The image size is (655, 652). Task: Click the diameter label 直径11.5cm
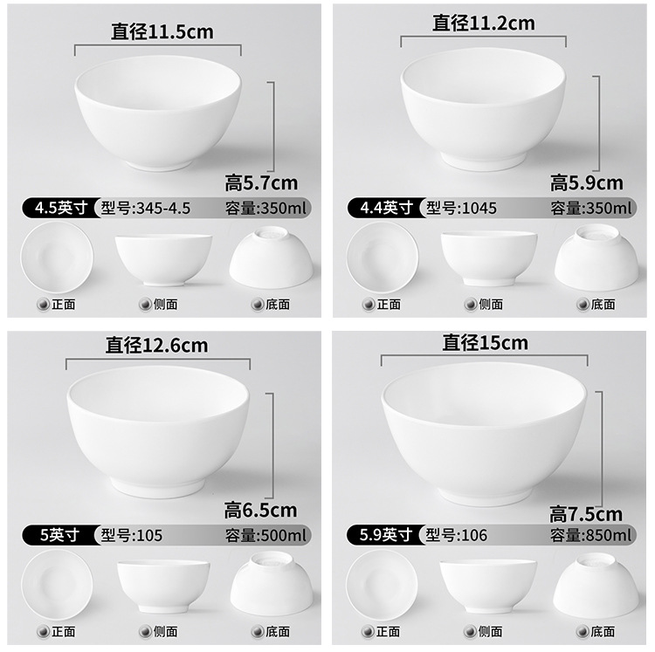click(162, 32)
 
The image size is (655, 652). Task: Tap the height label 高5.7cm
click(261, 182)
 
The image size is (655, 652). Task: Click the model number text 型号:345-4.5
click(146, 208)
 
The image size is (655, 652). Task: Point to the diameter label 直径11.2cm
click(484, 24)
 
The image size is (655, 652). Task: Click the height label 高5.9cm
click(586, 182)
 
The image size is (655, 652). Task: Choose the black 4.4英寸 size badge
click(384, 208)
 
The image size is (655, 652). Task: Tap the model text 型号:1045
click(461, 208)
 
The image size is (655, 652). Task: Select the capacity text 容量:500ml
click(266, 535)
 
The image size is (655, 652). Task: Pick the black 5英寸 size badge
click(58, 535)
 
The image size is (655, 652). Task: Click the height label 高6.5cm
click(260, 510)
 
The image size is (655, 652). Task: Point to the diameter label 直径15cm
click(485, 343)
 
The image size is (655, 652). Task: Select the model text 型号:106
click(456, 535)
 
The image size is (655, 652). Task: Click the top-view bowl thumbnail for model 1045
click(382, 257)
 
